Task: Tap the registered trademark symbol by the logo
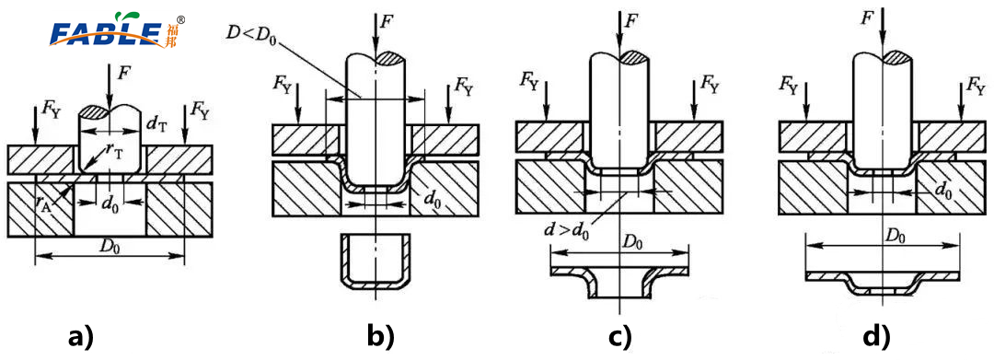click(x=181, y=19)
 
